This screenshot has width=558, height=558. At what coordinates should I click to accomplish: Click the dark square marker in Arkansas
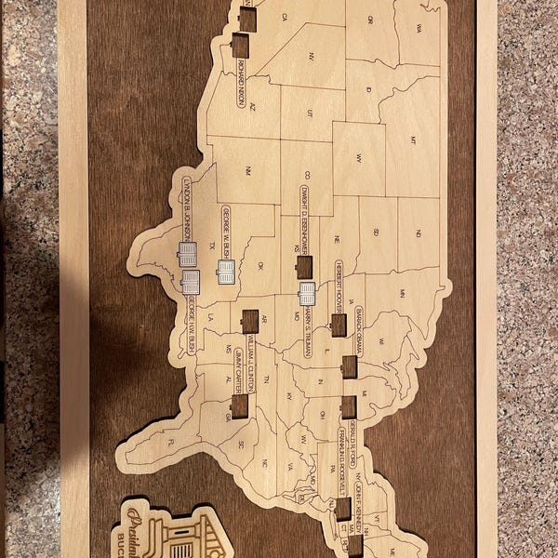(249, 321)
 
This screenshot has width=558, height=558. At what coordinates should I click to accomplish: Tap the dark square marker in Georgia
(239, 406)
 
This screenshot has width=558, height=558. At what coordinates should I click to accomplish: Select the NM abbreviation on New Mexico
(246, 170)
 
